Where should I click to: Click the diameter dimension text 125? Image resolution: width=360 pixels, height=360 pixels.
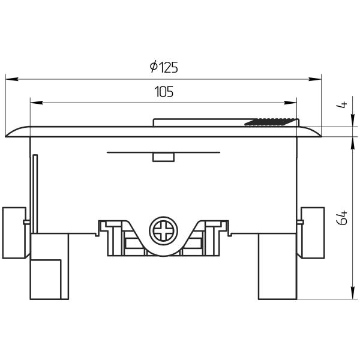click(x=169, y=68)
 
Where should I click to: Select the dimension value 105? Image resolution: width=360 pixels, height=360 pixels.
click(x=164, y=92)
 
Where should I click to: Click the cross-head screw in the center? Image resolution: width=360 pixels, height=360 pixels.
click(x=164, y=230)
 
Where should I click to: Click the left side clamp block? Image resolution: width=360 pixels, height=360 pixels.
click(x=14, y=232)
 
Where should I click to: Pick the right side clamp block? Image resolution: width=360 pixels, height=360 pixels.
click(x=312, y=232)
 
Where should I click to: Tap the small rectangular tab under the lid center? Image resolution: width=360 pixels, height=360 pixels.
click(x=163, y=157)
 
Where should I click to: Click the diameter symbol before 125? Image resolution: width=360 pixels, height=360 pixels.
click(x=154, y=68)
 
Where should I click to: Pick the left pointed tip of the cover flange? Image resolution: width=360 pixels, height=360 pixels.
click(x=6, y=136)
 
